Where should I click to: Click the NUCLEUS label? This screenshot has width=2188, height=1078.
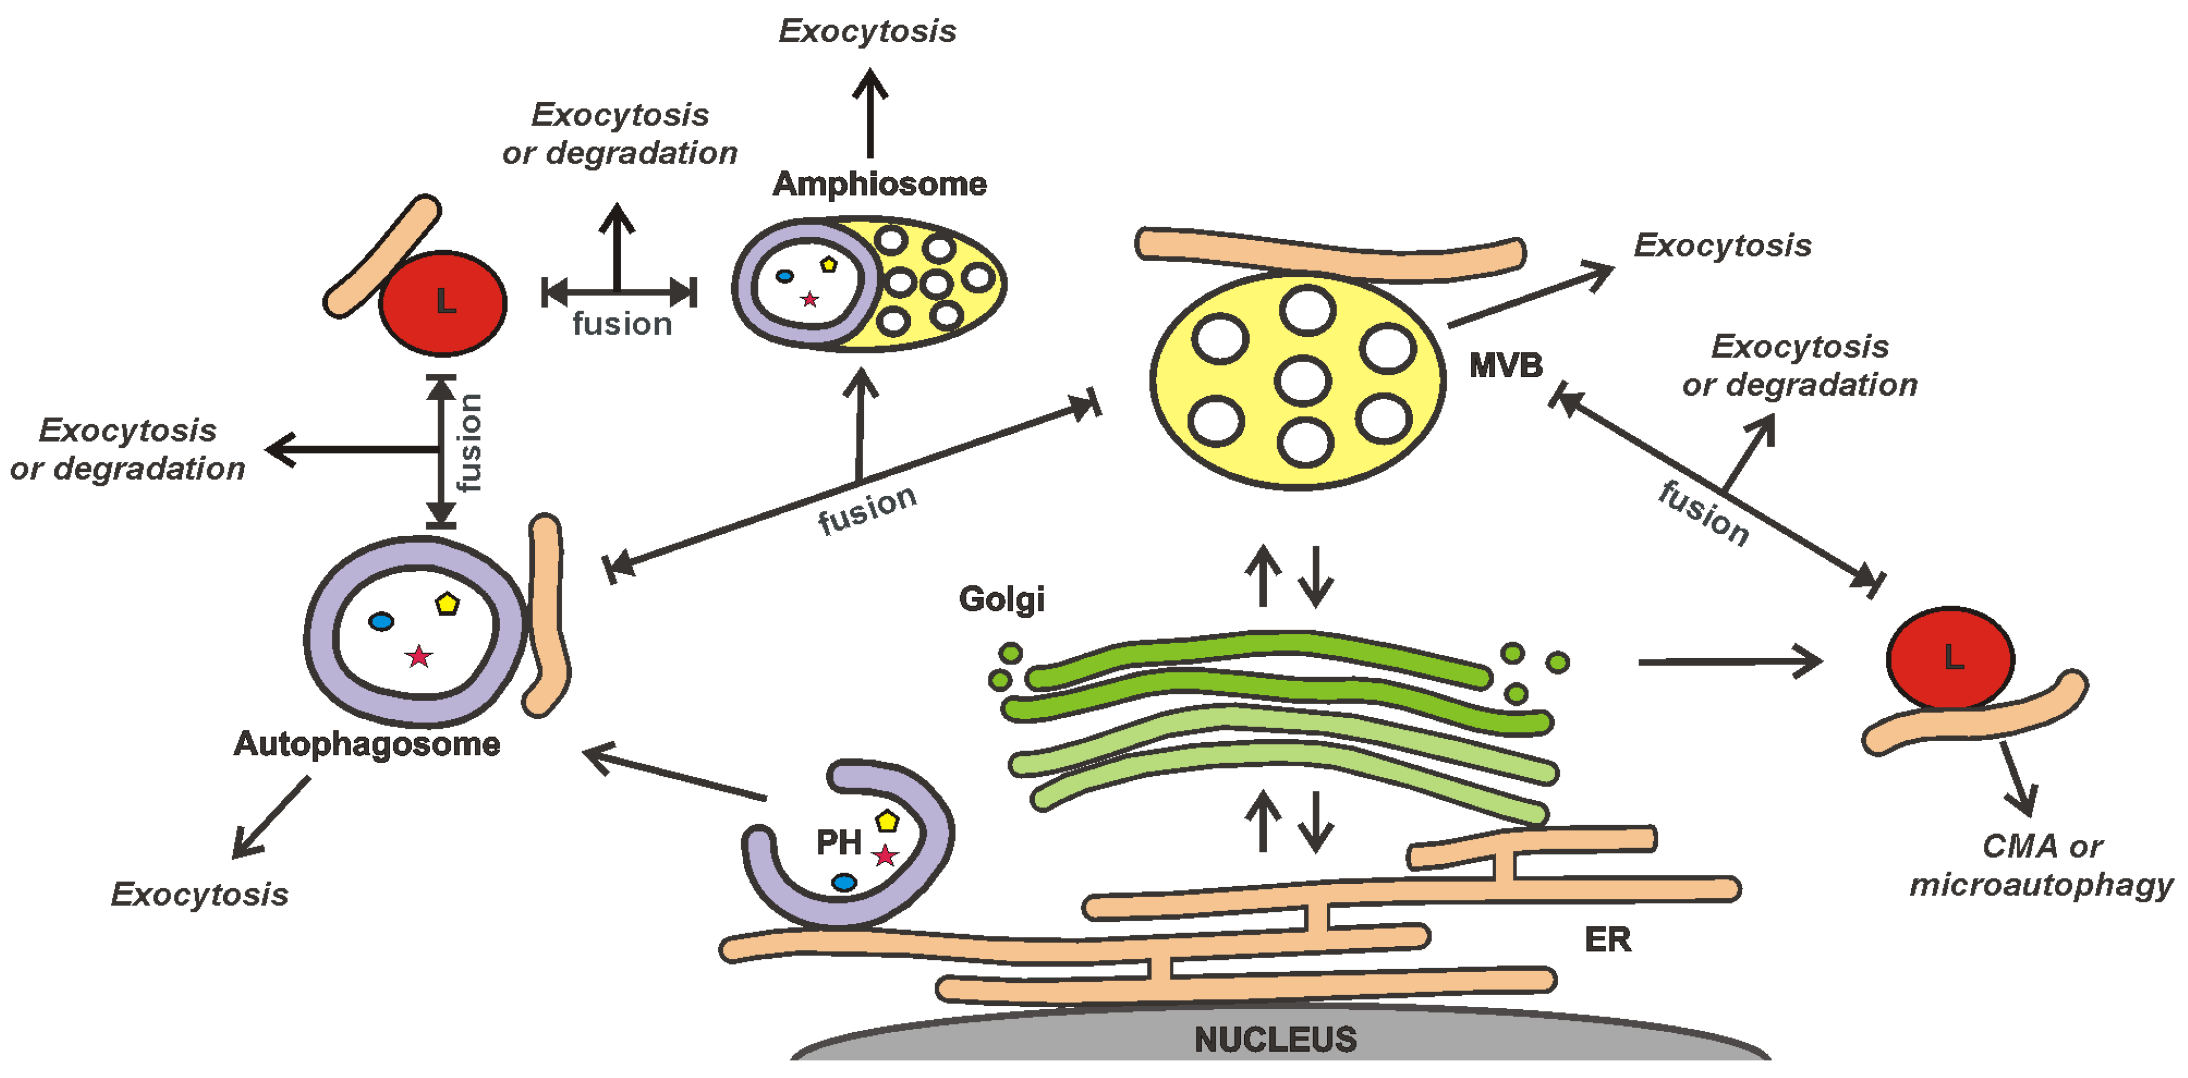1275,1039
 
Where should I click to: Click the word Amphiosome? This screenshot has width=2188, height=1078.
879,184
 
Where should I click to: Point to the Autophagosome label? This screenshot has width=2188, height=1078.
367,744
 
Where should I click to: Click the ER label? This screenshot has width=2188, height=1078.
1607,940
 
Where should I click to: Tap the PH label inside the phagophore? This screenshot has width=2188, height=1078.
839,843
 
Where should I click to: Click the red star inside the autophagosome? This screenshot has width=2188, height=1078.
418,657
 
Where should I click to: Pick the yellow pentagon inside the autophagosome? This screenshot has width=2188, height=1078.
447,604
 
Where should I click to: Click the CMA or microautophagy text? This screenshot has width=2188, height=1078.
2040,866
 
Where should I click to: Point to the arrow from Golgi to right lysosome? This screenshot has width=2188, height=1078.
1729,662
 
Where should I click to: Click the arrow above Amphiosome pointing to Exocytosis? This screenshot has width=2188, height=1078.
870,115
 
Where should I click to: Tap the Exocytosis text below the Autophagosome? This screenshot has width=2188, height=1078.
200,894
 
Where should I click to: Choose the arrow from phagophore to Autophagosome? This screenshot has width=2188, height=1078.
675,774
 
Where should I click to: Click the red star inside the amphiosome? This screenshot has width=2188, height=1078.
810,299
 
